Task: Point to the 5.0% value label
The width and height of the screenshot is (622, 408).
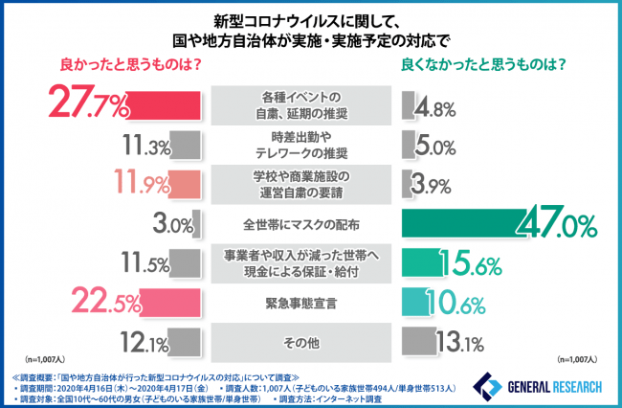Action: pyautogui.click(x=434, y=147)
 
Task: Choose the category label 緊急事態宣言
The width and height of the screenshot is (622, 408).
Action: pyautogui.click(x=300, y=303)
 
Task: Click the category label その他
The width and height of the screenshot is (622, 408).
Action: pyautogui.click(x=300, y=342)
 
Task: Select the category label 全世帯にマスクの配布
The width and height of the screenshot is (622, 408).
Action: pyautogui.click(x=300, y=224)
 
